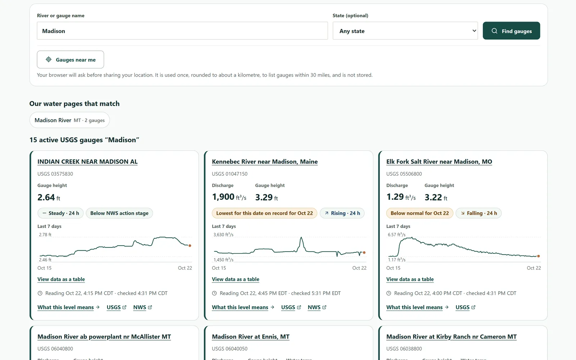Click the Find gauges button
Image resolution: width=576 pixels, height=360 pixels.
click(x=511, y=31)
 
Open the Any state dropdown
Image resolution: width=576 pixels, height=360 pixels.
click(x=405, y=31)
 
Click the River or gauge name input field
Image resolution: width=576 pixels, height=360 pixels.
click(x=182, y=31)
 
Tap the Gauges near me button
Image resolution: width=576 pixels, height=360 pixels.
click(x=71, y=60)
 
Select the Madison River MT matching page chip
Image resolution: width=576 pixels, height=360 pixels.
click(x=69, y=120)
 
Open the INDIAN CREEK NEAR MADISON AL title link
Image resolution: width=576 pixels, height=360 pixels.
click(x=87, y=162)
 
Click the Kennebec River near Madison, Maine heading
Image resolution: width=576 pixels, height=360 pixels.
click(x=265, y=162)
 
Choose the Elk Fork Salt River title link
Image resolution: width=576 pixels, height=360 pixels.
click(x=439, y=162)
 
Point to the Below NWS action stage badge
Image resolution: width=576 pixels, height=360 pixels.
click(x=119, y=213)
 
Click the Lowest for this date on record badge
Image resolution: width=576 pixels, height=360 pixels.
click(x=264, y=213)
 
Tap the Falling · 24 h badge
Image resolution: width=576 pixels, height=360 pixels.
click(x=478, y=213)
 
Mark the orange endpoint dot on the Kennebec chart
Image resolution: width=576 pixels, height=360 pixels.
click(x=364, y=252)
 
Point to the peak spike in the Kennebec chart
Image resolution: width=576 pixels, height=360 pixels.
click(x=301, y=238)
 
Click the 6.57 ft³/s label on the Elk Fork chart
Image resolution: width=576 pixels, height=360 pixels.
click(x=396, y=234)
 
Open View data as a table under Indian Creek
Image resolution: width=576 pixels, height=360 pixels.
click(x=61, y=279)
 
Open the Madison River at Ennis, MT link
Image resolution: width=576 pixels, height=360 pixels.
click(x=251, y=337)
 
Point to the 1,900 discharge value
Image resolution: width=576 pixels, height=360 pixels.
click(x=223, y=197)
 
